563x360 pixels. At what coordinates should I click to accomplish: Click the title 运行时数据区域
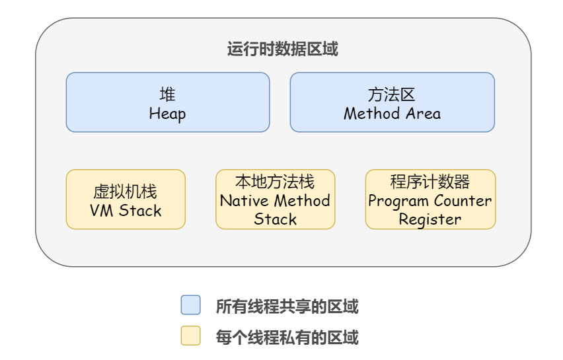click(283, 50)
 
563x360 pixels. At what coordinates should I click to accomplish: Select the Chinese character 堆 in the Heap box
click(167, 94)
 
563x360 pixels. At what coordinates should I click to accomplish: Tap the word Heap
click(167, 114)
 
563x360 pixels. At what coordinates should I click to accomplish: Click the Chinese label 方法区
click(392, 94)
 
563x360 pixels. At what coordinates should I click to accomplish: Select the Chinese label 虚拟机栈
click(126, 192)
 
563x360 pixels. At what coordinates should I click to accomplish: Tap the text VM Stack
click(126, 211)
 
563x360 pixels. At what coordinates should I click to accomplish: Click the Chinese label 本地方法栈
click(275, 182)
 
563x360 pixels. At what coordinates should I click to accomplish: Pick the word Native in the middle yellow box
click(244, 200)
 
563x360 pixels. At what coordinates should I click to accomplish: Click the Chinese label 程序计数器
click(430, 182)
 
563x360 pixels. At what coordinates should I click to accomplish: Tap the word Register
click(430, 219)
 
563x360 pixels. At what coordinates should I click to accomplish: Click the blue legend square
click(190, 305)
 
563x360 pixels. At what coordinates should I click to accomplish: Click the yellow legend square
click(190, 336)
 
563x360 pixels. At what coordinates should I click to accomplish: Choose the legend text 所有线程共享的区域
click(287, 306)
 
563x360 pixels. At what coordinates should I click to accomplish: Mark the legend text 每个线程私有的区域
click(287, 338)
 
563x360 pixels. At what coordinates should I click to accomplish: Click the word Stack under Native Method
click(275, 219)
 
